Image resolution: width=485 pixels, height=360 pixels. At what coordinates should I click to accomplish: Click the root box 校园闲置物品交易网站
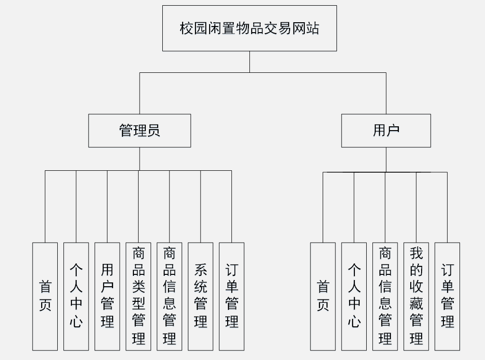click(250, 28)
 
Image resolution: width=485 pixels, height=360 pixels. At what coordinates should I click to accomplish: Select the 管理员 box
click(140, 131)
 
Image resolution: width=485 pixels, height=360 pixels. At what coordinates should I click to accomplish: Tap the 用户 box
click(386, 131)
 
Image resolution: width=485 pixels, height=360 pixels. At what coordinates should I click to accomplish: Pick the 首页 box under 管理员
click(45, 296)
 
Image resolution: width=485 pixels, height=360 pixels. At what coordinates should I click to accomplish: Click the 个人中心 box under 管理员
click(76, 296)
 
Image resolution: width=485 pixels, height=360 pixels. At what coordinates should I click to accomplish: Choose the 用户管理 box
click(107, 296)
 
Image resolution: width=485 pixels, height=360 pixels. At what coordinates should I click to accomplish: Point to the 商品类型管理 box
click(138, 296)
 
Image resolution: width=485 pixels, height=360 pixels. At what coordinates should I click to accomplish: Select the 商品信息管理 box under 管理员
click(169, 296)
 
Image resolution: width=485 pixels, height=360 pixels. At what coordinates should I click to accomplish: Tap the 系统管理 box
click(201, 296)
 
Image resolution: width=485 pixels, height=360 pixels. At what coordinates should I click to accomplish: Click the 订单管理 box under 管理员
click(232, 296)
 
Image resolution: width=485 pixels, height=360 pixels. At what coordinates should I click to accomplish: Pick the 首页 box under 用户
click(323, 296)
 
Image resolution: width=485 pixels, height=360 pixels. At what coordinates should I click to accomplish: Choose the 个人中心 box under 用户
click(354, 296)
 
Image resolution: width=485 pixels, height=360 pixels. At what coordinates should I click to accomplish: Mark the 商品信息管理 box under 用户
click(385, 296)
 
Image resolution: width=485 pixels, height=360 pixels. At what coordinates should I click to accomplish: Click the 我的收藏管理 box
click(416, 296)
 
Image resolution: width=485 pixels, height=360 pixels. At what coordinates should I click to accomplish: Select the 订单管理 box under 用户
click(447, 296)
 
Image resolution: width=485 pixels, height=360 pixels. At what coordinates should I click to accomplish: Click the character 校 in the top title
click(186, 28)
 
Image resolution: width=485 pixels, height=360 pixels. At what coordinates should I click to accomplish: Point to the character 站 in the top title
click(312, 28)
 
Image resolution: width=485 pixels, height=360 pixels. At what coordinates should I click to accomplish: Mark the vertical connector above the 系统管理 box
click(201, 207)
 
